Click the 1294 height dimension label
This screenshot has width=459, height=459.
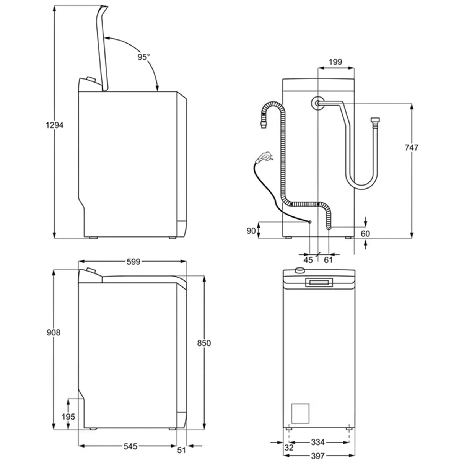(x=55, y=125)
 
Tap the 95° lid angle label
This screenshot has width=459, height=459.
(x=144, y=57)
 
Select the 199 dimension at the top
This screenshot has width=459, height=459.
(x=335, y=62)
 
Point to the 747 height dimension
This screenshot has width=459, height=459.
(x=411, y=148)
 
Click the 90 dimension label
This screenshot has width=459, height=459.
(x=251, y=231)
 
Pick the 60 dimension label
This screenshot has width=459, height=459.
(x=365, y=234)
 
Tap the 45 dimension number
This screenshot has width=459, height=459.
(x=308, y=260)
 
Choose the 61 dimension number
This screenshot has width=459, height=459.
(x=328, y=260)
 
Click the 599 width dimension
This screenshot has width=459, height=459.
(x=133, y=262)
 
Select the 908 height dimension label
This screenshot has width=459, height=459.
(x=53, y=332)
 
